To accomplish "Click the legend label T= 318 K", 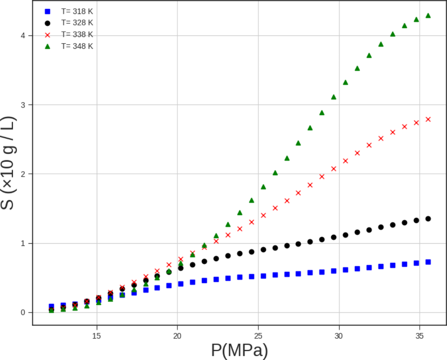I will [x=77, y=11].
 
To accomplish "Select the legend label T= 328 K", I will [x=77, y=23].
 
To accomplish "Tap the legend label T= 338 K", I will [x=77, y=34].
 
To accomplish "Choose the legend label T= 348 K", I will [x=77, y=46].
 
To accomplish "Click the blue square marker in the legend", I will [x=48, y=12].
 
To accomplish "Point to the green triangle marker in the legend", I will [x=48, y=46].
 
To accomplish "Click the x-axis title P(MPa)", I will [x=239, y=351].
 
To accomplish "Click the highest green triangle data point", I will [x=428, y=15].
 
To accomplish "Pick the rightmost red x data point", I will [x=428, y=119].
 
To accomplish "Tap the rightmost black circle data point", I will [x=428, y=219].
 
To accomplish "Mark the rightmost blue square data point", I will [x=428, y=262].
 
